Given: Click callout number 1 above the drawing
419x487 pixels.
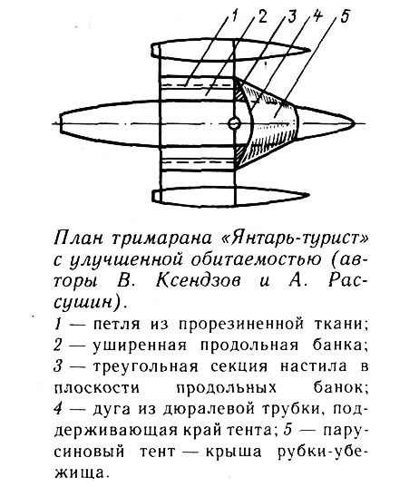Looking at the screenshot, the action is [x=234, y=15].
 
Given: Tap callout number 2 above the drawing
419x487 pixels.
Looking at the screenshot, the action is [x=262, y=17].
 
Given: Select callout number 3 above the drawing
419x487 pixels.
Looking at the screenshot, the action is [x=291, y=17].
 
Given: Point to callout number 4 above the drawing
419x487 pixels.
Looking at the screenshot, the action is [x=317, y=15].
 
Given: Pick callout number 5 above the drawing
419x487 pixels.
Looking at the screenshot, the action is [x=345, y=16].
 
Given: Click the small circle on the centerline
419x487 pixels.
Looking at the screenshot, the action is [x=234, y=123].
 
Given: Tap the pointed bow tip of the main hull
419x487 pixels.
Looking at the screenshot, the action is [x=354, y=123].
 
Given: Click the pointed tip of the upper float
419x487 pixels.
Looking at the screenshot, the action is [x=308, y=50].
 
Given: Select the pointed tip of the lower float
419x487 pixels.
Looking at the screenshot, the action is [x=308, y=195].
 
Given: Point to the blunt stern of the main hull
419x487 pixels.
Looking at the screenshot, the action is [x=61, y=123].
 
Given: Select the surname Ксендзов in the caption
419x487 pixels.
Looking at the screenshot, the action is [x=198, y=280].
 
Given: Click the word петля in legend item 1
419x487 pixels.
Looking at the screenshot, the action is [x=117, y=325].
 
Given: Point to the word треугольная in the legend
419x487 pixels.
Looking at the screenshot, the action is [x=145, y=366].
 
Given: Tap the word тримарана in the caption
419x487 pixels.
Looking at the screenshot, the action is [x=161, y=239].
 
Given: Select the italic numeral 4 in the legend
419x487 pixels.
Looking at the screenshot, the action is [x=58, y=408].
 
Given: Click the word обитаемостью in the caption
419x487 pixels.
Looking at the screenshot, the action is [x=256, y=259].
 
